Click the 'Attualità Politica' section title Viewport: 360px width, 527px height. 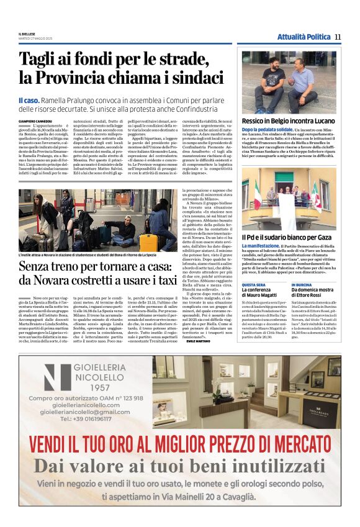[x=304, y=37]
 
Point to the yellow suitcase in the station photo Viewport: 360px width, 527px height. [x=148, y=242]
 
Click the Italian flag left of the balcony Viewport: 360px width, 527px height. [x=257, y=195]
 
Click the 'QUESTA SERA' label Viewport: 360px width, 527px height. [x=253, y=284]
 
